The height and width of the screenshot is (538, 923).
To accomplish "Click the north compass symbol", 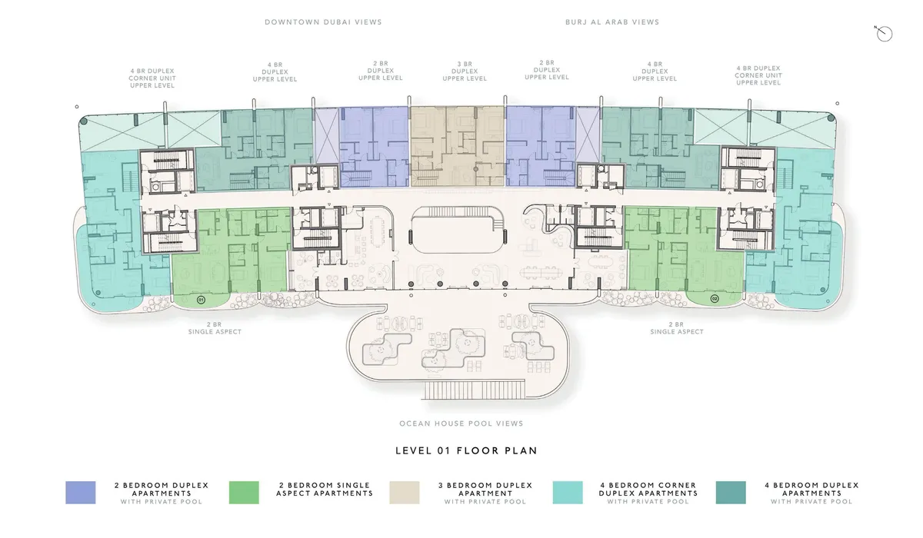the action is (x=884, y=34).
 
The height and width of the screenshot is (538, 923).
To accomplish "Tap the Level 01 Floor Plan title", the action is (x=466, y=450).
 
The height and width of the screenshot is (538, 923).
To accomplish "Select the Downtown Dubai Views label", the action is (x=324, y=22).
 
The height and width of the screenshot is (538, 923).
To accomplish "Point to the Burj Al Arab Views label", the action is (x=612, y=22).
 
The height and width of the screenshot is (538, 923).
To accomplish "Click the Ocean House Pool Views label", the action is (x=461, y=423).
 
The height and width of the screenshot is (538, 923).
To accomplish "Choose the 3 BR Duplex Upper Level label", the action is (x=465, y=71).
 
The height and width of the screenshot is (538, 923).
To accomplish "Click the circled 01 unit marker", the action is (x=201, y=300).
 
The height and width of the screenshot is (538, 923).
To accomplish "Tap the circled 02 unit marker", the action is (x=715, y=298).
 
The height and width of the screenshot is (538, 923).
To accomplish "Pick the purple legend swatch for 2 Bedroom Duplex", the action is (x=80, y=493).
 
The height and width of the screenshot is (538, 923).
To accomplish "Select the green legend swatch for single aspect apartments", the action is (x=244, y=493).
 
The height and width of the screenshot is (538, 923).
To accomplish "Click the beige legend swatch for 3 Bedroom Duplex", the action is (x=405, y=493).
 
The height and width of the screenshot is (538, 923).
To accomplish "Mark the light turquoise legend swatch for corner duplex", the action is (x=568, y=493).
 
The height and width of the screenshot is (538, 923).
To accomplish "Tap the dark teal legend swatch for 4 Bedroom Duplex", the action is (x=731, y=493).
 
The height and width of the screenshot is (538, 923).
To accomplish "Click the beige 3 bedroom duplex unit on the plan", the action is (x=458, y=146).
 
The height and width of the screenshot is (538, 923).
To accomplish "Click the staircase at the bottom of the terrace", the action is (x=474, y=390).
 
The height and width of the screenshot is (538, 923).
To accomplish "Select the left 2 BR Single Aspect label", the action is (x=215, y=328).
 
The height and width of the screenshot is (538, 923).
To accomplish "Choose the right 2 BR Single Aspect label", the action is (x=677, y=328).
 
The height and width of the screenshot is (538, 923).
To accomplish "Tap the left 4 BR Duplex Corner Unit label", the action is (x=152, y=78).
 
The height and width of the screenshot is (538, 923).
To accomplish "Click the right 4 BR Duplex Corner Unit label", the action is (x=758, y=75).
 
